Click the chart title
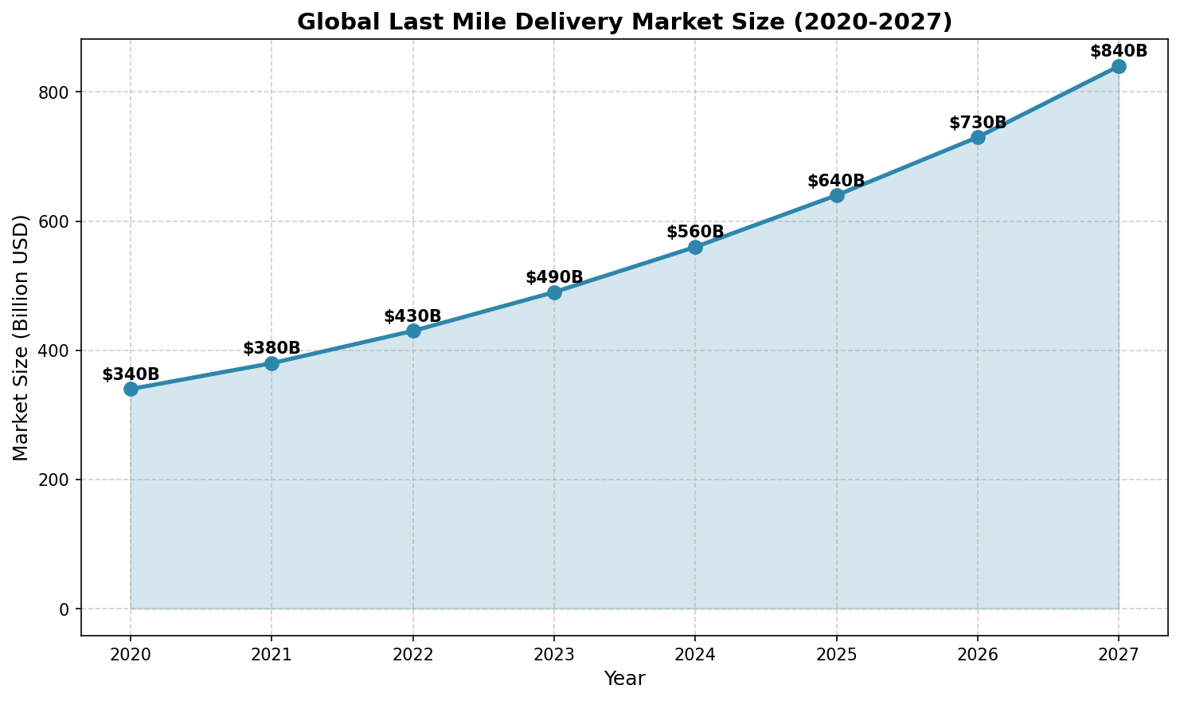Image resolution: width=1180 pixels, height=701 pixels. point(624,22)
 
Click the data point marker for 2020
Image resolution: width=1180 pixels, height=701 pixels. point(131,389)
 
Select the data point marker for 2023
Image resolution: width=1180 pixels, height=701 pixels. point(554,292)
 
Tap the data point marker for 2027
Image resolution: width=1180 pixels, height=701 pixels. point(1119,66)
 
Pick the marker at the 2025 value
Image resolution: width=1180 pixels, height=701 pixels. point(837,195)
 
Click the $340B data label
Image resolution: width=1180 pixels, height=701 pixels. point(131,374)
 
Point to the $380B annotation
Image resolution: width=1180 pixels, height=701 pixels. point(272,348)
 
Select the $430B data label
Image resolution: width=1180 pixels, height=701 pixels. point(412,316)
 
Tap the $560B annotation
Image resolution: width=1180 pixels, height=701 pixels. point(695,232)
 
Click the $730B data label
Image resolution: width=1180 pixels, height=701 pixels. point(978,123)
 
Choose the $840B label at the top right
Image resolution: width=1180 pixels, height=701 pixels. point(1119,51)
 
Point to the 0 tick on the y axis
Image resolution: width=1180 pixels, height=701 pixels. point(66,609)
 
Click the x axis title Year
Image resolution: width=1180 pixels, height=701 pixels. point(624,679)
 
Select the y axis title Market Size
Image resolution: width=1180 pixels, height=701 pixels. point(21,337)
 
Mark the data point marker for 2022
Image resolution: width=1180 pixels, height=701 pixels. point(413,331)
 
